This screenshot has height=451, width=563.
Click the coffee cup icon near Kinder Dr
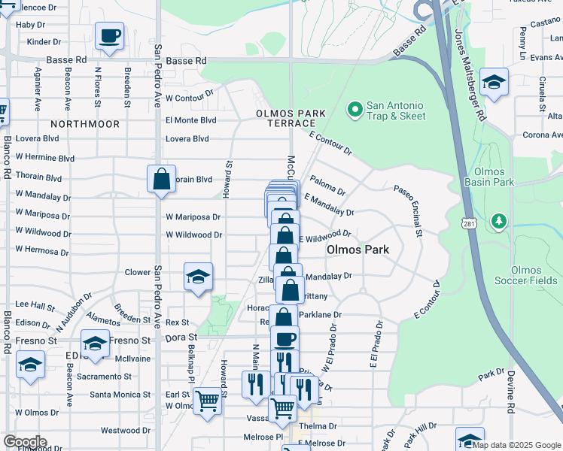pyautogui.click(x=110, y=35)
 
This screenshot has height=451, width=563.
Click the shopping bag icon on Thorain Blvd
pyautogui.click(x=161, y=180)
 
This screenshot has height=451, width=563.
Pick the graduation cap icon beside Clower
pyautogui.click(x=198, y=277)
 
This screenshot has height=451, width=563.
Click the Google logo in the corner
pyautogui.click(x=24, y=442)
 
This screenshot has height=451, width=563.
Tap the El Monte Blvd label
pyautogui.click(x=190, y=120)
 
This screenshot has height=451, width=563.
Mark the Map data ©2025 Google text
pyautogui.click(x=516, y=444)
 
